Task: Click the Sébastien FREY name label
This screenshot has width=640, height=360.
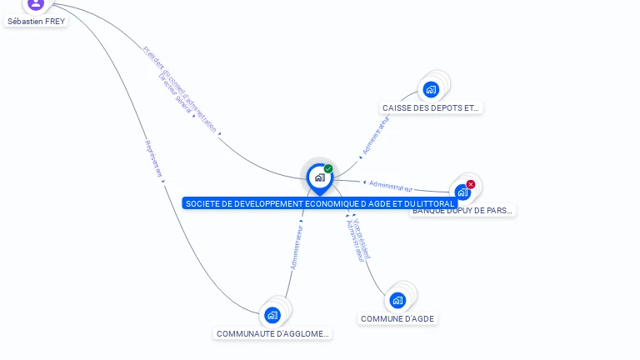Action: pos(36,22)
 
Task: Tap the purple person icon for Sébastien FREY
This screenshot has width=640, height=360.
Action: pos(35,3)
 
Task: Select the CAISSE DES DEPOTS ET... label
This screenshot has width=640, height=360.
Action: pos(431,108)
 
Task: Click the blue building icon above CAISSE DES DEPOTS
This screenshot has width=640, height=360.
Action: pos(431,89)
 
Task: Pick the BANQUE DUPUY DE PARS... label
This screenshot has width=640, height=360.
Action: pos(462,211)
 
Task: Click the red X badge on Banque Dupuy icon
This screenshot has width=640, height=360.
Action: pos(471,184)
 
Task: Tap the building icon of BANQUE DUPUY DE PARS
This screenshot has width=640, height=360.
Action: pos(462,192)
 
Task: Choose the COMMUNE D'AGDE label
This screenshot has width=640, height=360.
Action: pos(397,319)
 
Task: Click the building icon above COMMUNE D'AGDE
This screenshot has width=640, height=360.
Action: pos(397,300)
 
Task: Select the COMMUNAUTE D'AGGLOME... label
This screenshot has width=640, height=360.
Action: pos(272,334)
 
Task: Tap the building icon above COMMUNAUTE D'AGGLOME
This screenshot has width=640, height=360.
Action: pos(272,315)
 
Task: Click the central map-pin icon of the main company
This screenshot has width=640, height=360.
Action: pos(319,177)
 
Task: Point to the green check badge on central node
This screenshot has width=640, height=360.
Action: pos(328,168)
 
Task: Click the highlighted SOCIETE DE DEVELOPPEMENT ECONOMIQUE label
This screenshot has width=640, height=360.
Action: pos(320,203)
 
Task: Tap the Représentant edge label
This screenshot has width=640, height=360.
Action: pos(153,158)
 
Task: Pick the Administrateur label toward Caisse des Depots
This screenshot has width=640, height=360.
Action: pos(376,134)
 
